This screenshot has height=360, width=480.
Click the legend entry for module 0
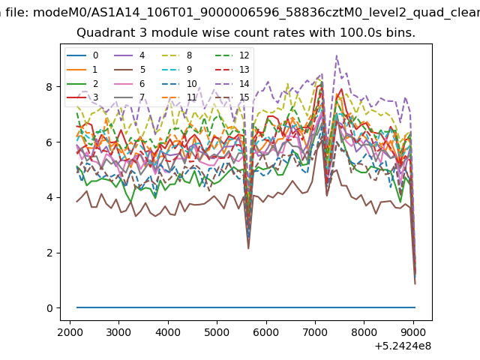(x=82, y=55)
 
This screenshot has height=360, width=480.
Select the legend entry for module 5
(x=130, y=70)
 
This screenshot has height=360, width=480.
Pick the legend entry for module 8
(x=177, y=55)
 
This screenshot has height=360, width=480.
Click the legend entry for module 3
(x=82, y=97)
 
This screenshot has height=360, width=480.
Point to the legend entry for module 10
(x=179, y=83)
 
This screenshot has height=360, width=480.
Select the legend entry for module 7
(x=130, y=97)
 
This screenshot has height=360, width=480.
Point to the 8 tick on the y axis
(x=49, y=87)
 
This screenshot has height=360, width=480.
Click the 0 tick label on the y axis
(x=49, y=308)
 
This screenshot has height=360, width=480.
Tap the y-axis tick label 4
(x=49, y=197)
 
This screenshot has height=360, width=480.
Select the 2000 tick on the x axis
(x=70, y=332)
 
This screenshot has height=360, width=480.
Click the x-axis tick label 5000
(x=217, y=332)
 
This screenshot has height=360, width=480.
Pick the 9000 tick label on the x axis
(x=413, y=332)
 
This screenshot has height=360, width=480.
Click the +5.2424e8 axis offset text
(x=403, y=346)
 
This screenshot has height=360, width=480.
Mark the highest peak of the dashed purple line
(x=337, y=55)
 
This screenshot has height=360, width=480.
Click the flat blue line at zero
(x=246, y=307)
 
